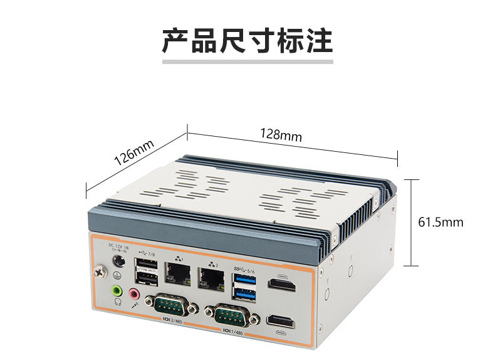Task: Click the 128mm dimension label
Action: pos(281,135)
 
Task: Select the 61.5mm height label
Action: pos(440,222)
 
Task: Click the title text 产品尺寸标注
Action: pos(247,41)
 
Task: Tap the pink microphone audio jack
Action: pos(134,293)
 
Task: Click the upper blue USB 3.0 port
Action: pos(244,278)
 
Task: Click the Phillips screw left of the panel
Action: pos(99,272)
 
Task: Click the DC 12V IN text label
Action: pos(118,246)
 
